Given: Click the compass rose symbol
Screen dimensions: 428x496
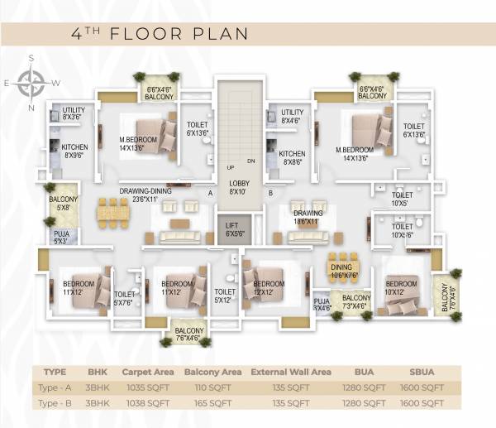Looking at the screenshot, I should [32, 83].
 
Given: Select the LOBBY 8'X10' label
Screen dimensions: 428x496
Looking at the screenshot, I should [238, 187].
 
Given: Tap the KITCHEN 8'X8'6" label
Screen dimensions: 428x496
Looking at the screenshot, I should [292, 159].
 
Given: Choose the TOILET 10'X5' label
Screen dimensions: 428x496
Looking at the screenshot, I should [401, 199].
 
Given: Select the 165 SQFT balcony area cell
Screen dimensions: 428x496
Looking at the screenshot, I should [212, 402].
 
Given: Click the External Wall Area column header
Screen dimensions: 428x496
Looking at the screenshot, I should [290, 372].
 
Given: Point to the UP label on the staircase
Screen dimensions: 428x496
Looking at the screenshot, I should [231, 168].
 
